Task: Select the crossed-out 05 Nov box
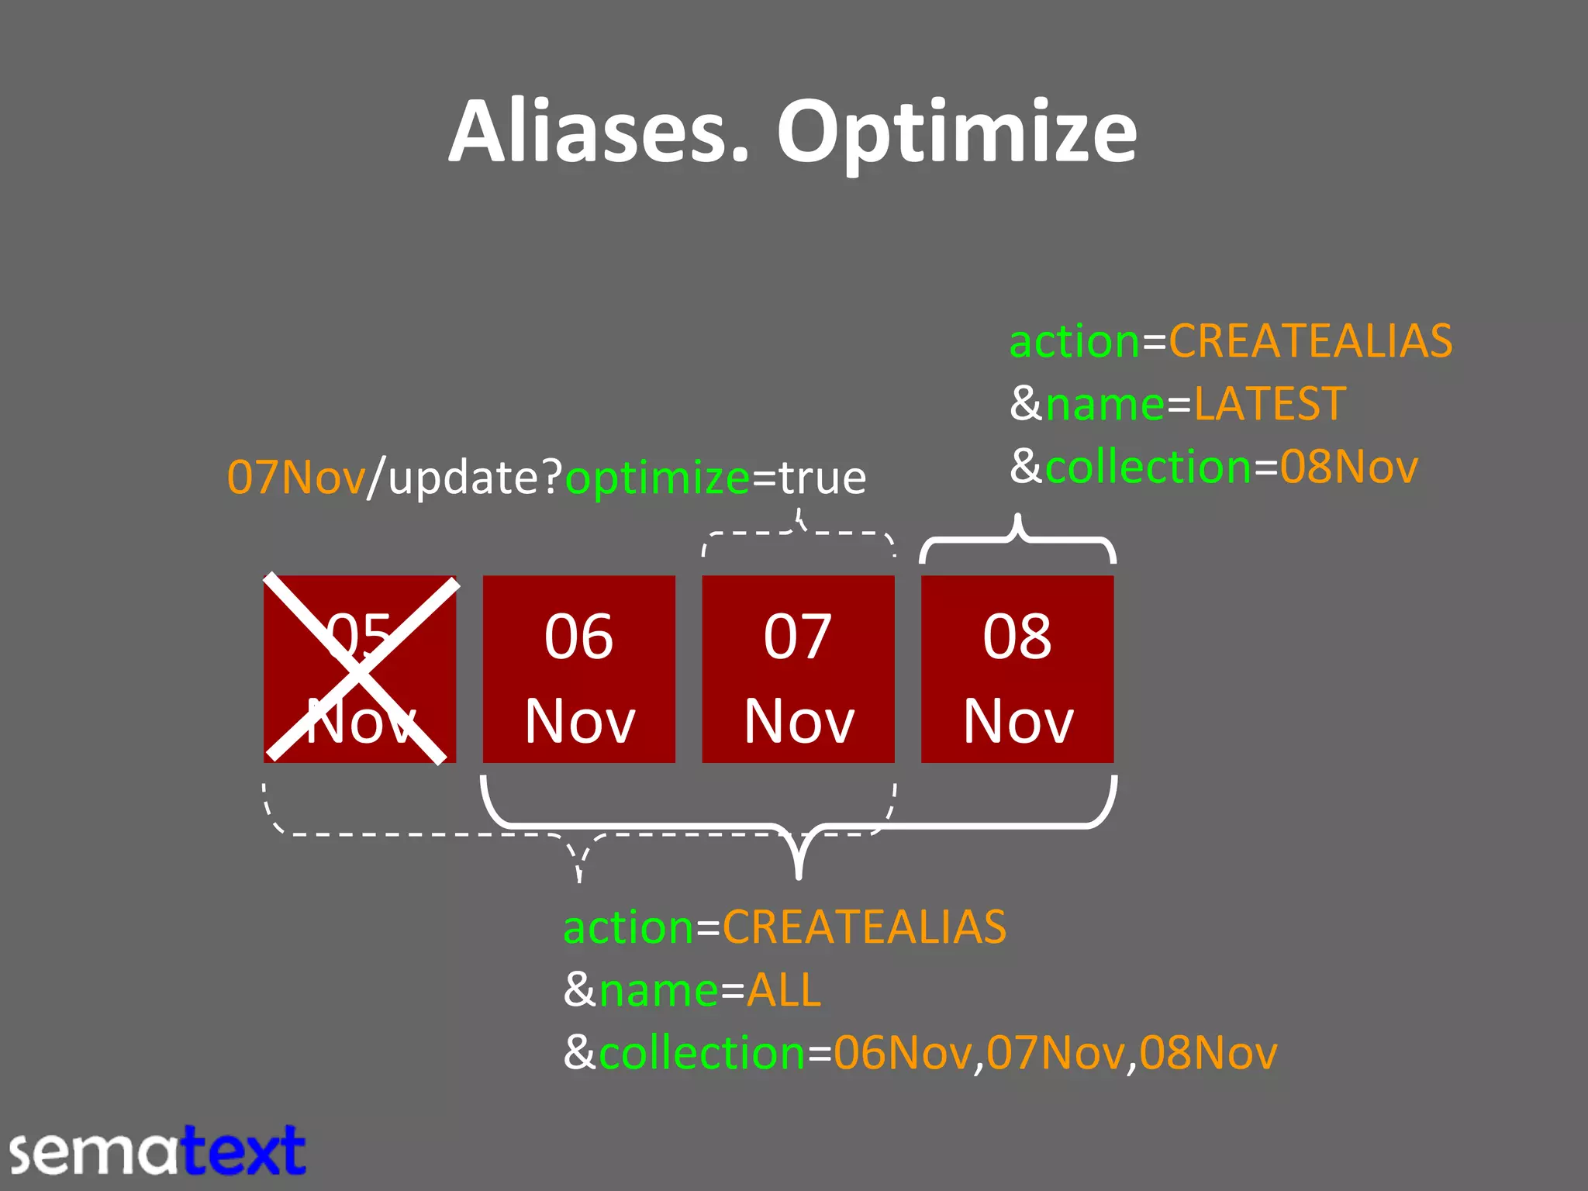pos(360,669)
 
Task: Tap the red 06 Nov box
pos(579,669)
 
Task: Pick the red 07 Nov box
pos(798,669)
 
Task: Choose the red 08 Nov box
pos(1017,669)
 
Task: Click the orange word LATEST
pos(1269,404)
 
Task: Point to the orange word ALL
pos(784,990)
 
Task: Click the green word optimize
pos(658,478)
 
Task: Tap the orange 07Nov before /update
pos(296,478)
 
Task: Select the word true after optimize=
pos(823,478)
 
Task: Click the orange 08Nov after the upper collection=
pos(1348,467)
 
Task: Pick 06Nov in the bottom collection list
pos(903,1053)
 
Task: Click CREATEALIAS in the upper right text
pos(1310,341)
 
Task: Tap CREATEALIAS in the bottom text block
pos(864,927)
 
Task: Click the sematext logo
pos(158,1151)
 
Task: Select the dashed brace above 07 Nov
pos(798,534)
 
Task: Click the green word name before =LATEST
pos(1105,404)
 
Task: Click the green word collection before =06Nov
pos(703,1053)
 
